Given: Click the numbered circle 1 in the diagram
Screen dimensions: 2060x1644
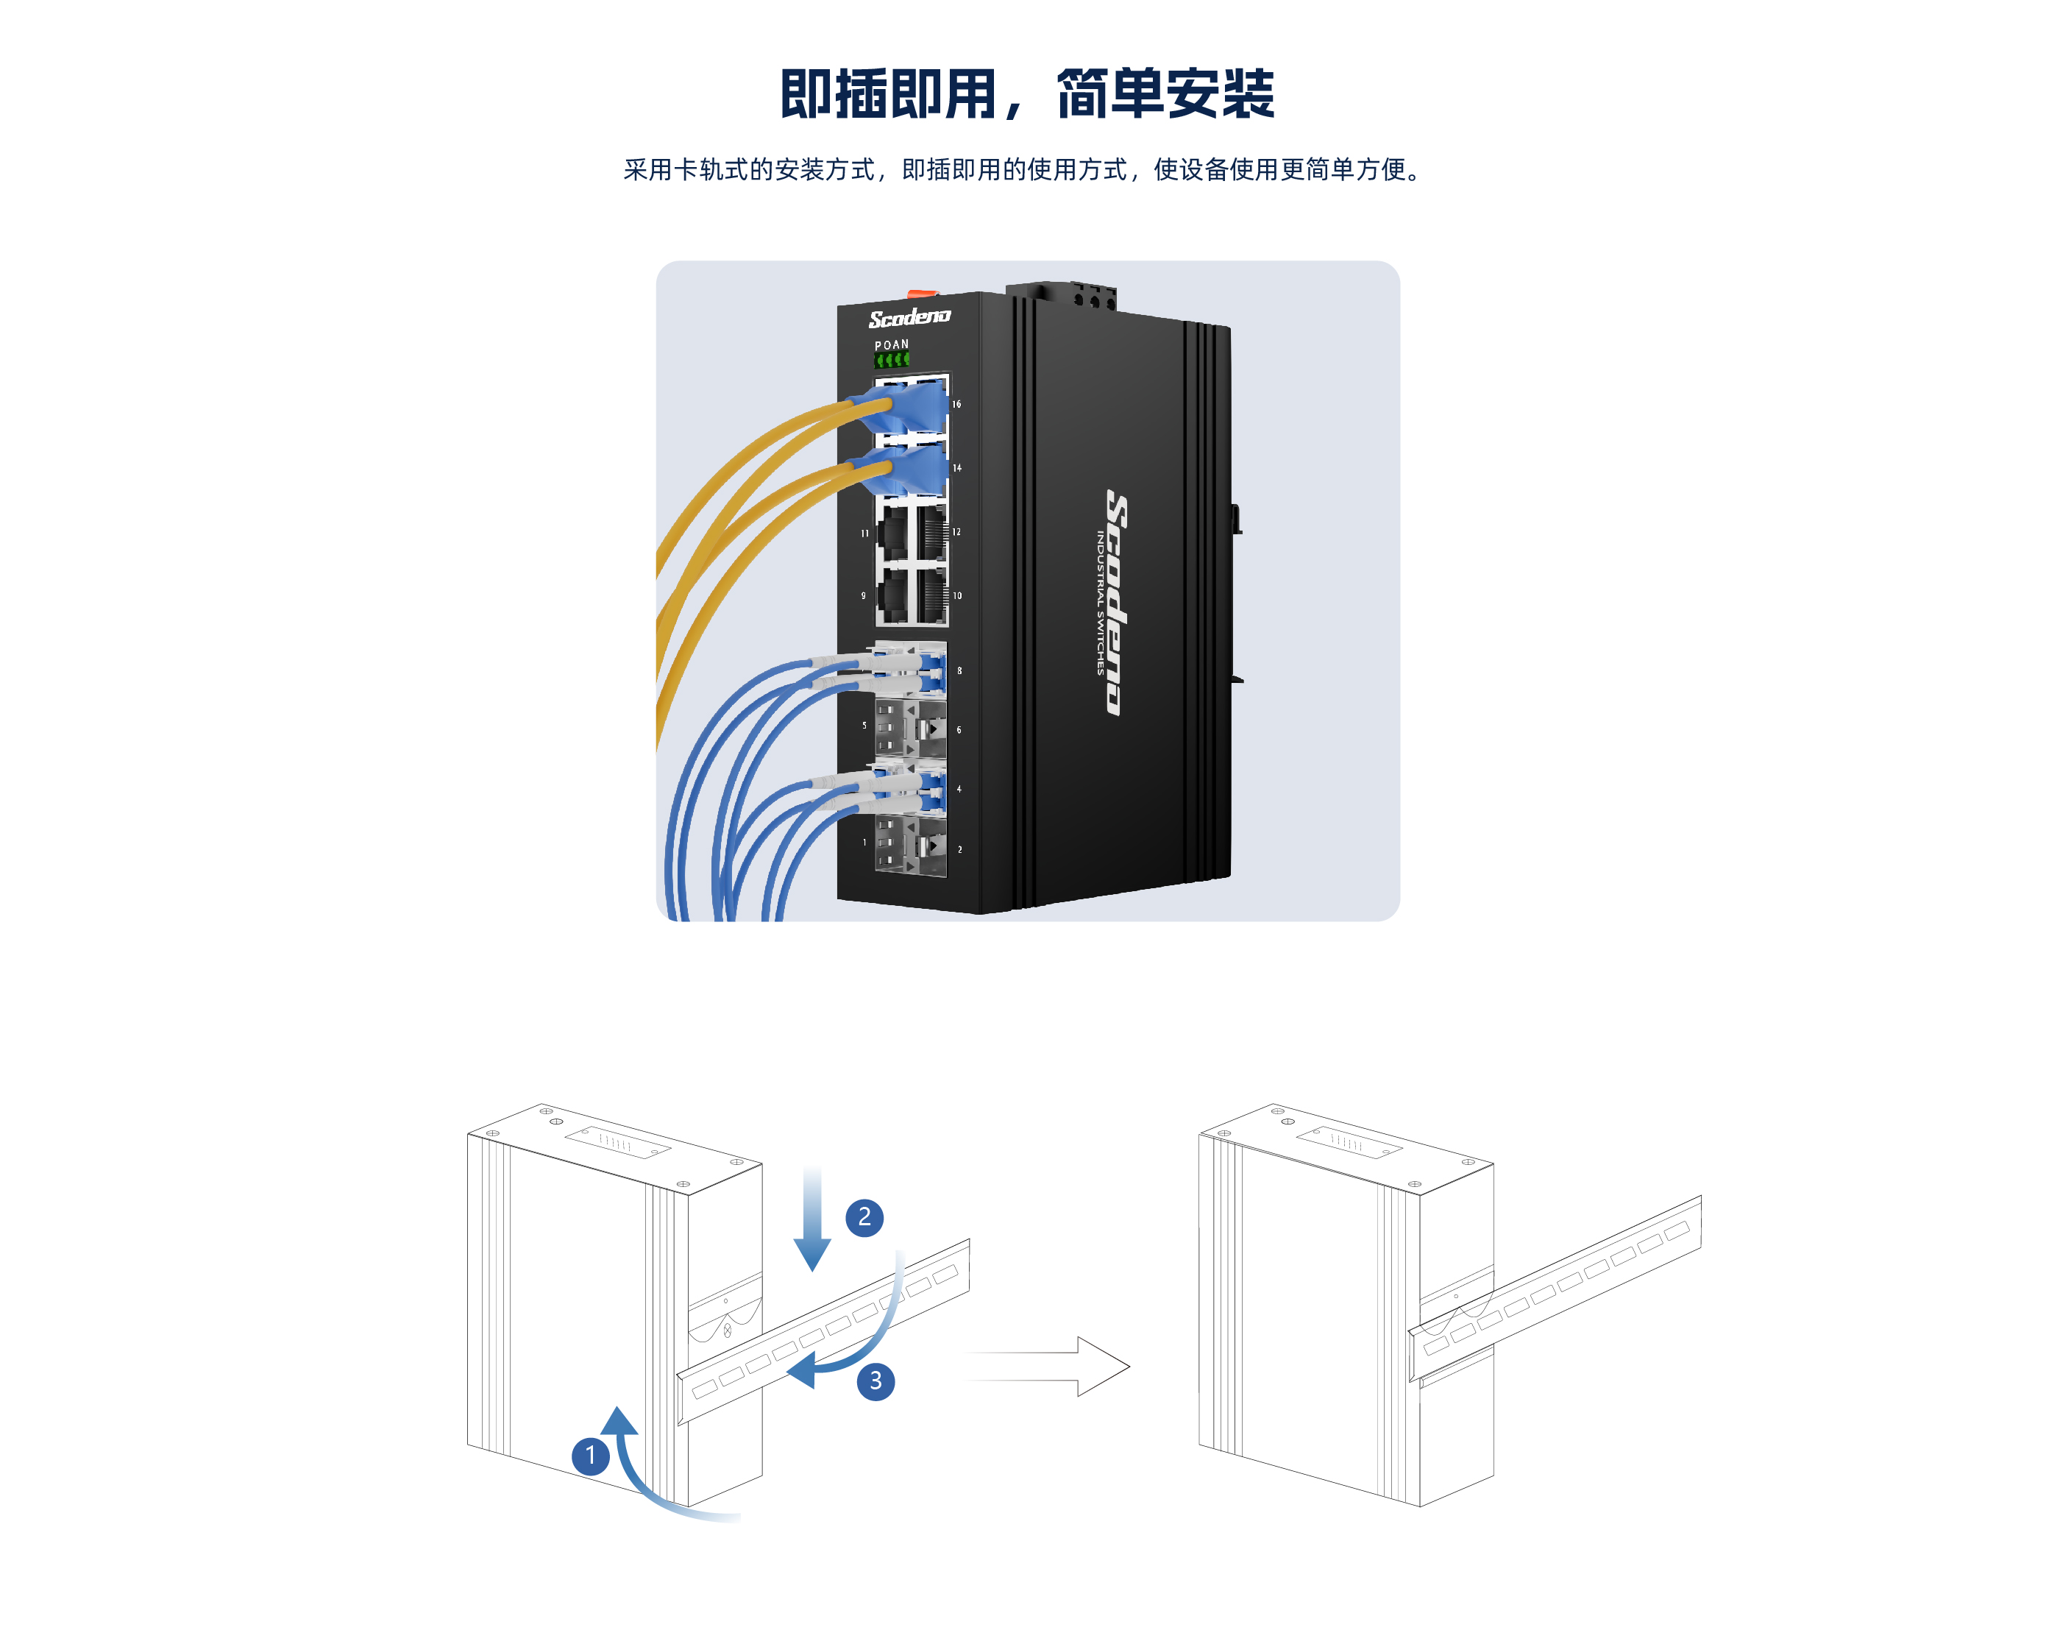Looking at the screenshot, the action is tap(591, 1456).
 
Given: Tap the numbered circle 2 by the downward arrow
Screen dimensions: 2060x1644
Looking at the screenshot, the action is tap(864, 1216).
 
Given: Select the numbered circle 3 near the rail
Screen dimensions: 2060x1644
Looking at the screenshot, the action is tap(876, 1381).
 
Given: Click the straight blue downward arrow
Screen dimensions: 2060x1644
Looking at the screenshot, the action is tap(812, 1219).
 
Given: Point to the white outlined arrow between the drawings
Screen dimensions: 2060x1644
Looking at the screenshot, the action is tap(1048, 1367).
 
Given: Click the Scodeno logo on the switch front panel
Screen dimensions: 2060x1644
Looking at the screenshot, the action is tap(909, 317).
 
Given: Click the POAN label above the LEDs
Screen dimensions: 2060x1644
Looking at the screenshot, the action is tap(892, 345).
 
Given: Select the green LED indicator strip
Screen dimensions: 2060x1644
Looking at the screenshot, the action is tap(892, 359).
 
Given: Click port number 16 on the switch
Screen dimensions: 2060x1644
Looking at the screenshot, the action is tap(956, 404).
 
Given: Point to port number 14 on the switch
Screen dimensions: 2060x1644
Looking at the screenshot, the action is tap(956, 467).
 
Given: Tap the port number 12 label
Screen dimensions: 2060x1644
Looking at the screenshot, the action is tap(956, 531).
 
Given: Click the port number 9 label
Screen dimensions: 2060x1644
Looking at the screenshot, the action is tap(864, 595).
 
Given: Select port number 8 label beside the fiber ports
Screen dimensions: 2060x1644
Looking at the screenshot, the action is tap(959, 671).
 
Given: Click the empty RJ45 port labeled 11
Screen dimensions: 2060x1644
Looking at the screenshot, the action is tap(893, 532).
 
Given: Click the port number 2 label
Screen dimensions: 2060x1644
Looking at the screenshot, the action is tap(959, 848).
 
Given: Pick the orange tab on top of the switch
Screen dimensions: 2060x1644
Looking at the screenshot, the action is tap(922, 292).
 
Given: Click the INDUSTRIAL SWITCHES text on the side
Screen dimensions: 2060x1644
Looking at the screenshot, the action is tap(1100, 603).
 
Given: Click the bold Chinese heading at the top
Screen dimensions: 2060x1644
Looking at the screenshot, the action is tap(1028, 93).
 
